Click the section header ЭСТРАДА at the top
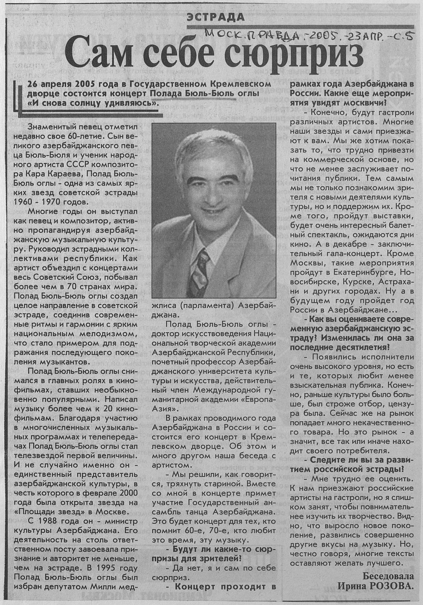click(x=215, y=17)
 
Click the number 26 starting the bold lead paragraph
click(x=33, y=84)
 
